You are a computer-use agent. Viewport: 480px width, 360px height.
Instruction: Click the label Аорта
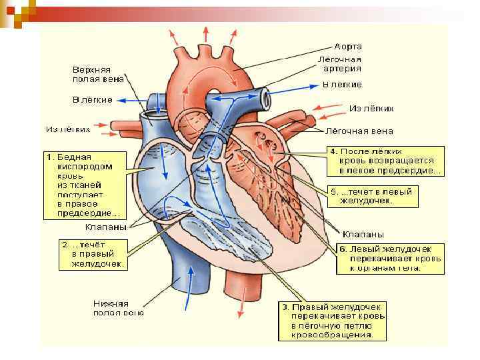(349, 47)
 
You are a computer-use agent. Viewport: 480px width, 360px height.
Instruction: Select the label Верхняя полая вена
(91, 74)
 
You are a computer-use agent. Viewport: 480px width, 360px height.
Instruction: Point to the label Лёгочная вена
(359, 131)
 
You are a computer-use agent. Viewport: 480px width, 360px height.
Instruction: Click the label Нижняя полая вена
(119, 307)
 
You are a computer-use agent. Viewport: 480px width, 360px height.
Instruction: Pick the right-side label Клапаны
(363, 234)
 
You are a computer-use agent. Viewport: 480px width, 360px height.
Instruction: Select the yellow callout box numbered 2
(93, 254)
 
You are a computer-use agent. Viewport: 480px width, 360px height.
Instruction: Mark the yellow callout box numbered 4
(385, 161)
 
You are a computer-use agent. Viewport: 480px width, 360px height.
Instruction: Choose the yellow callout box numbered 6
(387, 258)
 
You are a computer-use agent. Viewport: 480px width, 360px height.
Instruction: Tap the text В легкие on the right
(342, 85)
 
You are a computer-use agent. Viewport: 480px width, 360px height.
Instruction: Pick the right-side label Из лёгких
(371, 108)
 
